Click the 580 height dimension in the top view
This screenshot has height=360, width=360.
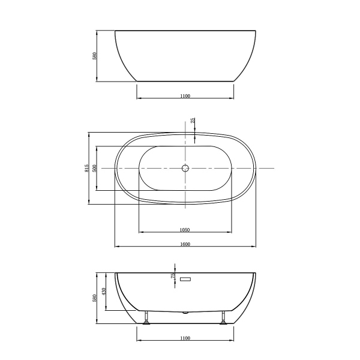(94, 55)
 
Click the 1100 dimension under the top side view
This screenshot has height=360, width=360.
(185, 96)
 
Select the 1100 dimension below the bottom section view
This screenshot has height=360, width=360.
(185, 338)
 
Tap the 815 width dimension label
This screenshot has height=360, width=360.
(87, 169)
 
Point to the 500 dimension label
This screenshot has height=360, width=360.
(94, 168)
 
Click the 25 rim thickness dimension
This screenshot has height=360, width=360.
(193, 121)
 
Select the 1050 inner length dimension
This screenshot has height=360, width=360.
(185, 230)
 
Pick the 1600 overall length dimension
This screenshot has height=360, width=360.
(185, 244)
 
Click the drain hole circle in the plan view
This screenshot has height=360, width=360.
(185, 169)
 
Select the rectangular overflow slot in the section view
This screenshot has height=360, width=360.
(185, 278)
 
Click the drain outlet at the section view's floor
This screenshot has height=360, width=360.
(186, 313)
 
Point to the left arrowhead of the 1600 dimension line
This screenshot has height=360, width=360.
(116, 247)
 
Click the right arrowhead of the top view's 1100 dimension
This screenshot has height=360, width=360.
(233, 98)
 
